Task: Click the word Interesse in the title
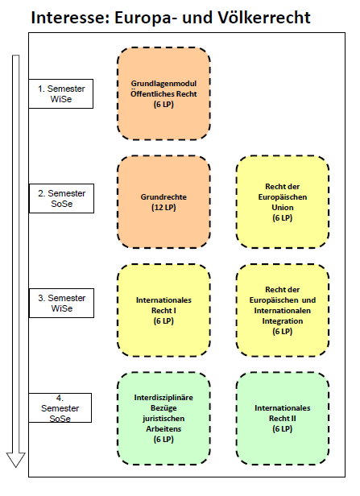point(68,18)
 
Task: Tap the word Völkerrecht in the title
point(264,18)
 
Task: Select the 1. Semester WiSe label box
point(61,93)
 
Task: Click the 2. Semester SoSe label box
point(62,198)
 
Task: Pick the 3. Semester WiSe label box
point(62,303)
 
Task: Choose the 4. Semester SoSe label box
point(60,407)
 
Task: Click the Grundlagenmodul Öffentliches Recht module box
point(163,93)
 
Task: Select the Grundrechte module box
point(163,202)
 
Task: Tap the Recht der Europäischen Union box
point(283,202)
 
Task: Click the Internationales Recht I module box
point(163,310)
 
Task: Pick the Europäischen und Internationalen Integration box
point(283,310)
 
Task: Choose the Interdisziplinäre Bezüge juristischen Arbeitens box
point(163,419)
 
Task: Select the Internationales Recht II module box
point(283,419)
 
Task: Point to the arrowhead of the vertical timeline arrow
point(16,466)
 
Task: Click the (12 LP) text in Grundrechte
point(163,208)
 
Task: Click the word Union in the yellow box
point(283,208)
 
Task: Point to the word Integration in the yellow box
point(283,321)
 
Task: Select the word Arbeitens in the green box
point(163,429)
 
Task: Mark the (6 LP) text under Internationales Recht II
point(283,429)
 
